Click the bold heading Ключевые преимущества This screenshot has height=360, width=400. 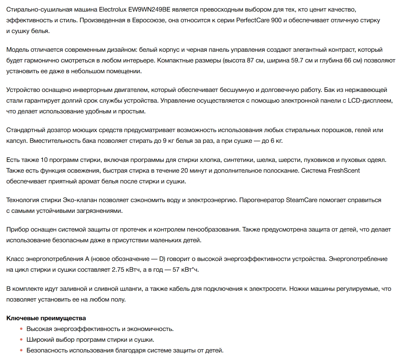tap(46, 318)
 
